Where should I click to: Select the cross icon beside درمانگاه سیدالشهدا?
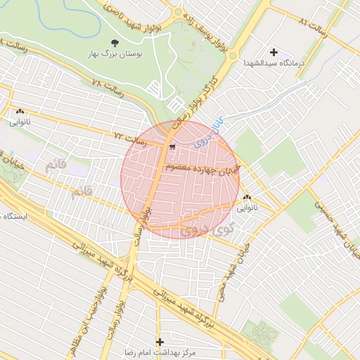click(274, 52)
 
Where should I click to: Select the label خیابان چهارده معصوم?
click(201, 168)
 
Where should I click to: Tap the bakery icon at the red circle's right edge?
click(246, 198)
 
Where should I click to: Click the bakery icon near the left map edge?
click(19, 111)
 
